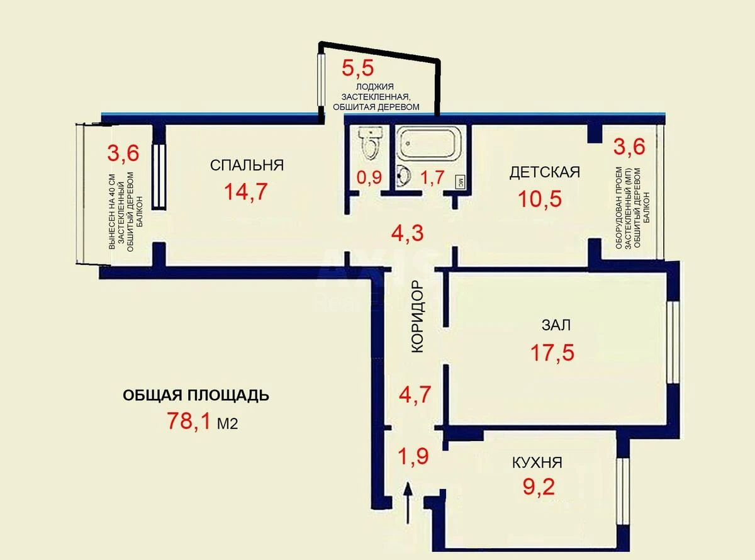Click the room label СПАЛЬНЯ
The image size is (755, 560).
tap(247, 165)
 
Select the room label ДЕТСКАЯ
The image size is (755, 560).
tap(544, 172)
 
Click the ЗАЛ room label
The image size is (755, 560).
tap(556, 325)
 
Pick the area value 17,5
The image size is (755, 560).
tap(552, 352)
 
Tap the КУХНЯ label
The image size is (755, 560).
tap(537, 463)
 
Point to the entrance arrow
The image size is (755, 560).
tap(408, 503)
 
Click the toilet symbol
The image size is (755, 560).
tap(371, 143)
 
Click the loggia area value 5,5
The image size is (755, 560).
tap(356, 67)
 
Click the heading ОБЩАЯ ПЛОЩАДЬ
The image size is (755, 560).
tap(196, 395)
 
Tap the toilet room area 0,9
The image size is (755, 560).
tap(369, 178)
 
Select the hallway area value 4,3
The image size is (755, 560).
tap(407, 233)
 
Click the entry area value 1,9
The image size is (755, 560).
tap(415, 454)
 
